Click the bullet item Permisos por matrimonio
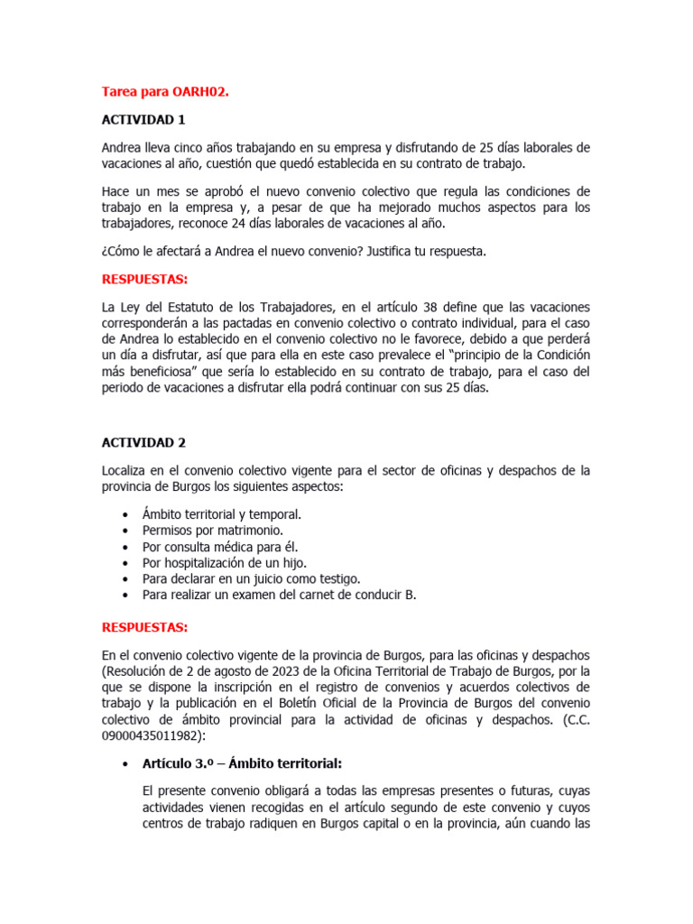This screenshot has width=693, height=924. click(x=212, y=530)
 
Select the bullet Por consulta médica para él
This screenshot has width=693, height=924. click(x=219, y=546)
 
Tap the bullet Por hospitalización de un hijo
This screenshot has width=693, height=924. click(x=227, y=562)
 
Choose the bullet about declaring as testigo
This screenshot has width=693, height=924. click(x=251, y=578)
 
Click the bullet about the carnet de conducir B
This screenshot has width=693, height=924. click(x=279, y=595)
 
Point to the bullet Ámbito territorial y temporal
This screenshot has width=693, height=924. click(x=221, y=513)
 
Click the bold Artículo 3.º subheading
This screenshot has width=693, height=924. click(x=242, y=763)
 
